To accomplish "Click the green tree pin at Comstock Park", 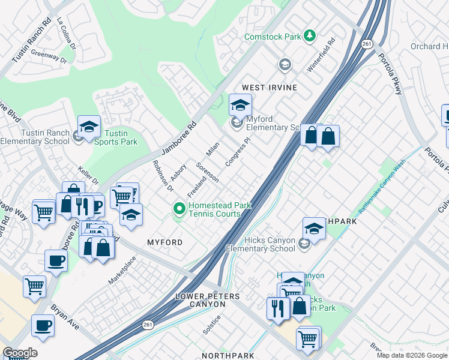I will [310, 36].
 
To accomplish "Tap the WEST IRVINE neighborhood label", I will [270, 88].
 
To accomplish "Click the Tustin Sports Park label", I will [121, 137].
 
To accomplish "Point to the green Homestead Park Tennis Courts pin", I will [178, 209].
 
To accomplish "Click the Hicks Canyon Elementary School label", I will [261, 244].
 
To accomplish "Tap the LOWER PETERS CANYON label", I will [208, 300].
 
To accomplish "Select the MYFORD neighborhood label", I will [164, 242].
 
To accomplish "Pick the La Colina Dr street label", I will [67, 34].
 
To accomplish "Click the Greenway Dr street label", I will [49, 56].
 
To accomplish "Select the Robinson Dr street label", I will [162, 175].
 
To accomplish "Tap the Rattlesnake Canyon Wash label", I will [382, 192].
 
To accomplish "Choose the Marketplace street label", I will [122, 271].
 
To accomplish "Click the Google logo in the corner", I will [20, 353].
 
